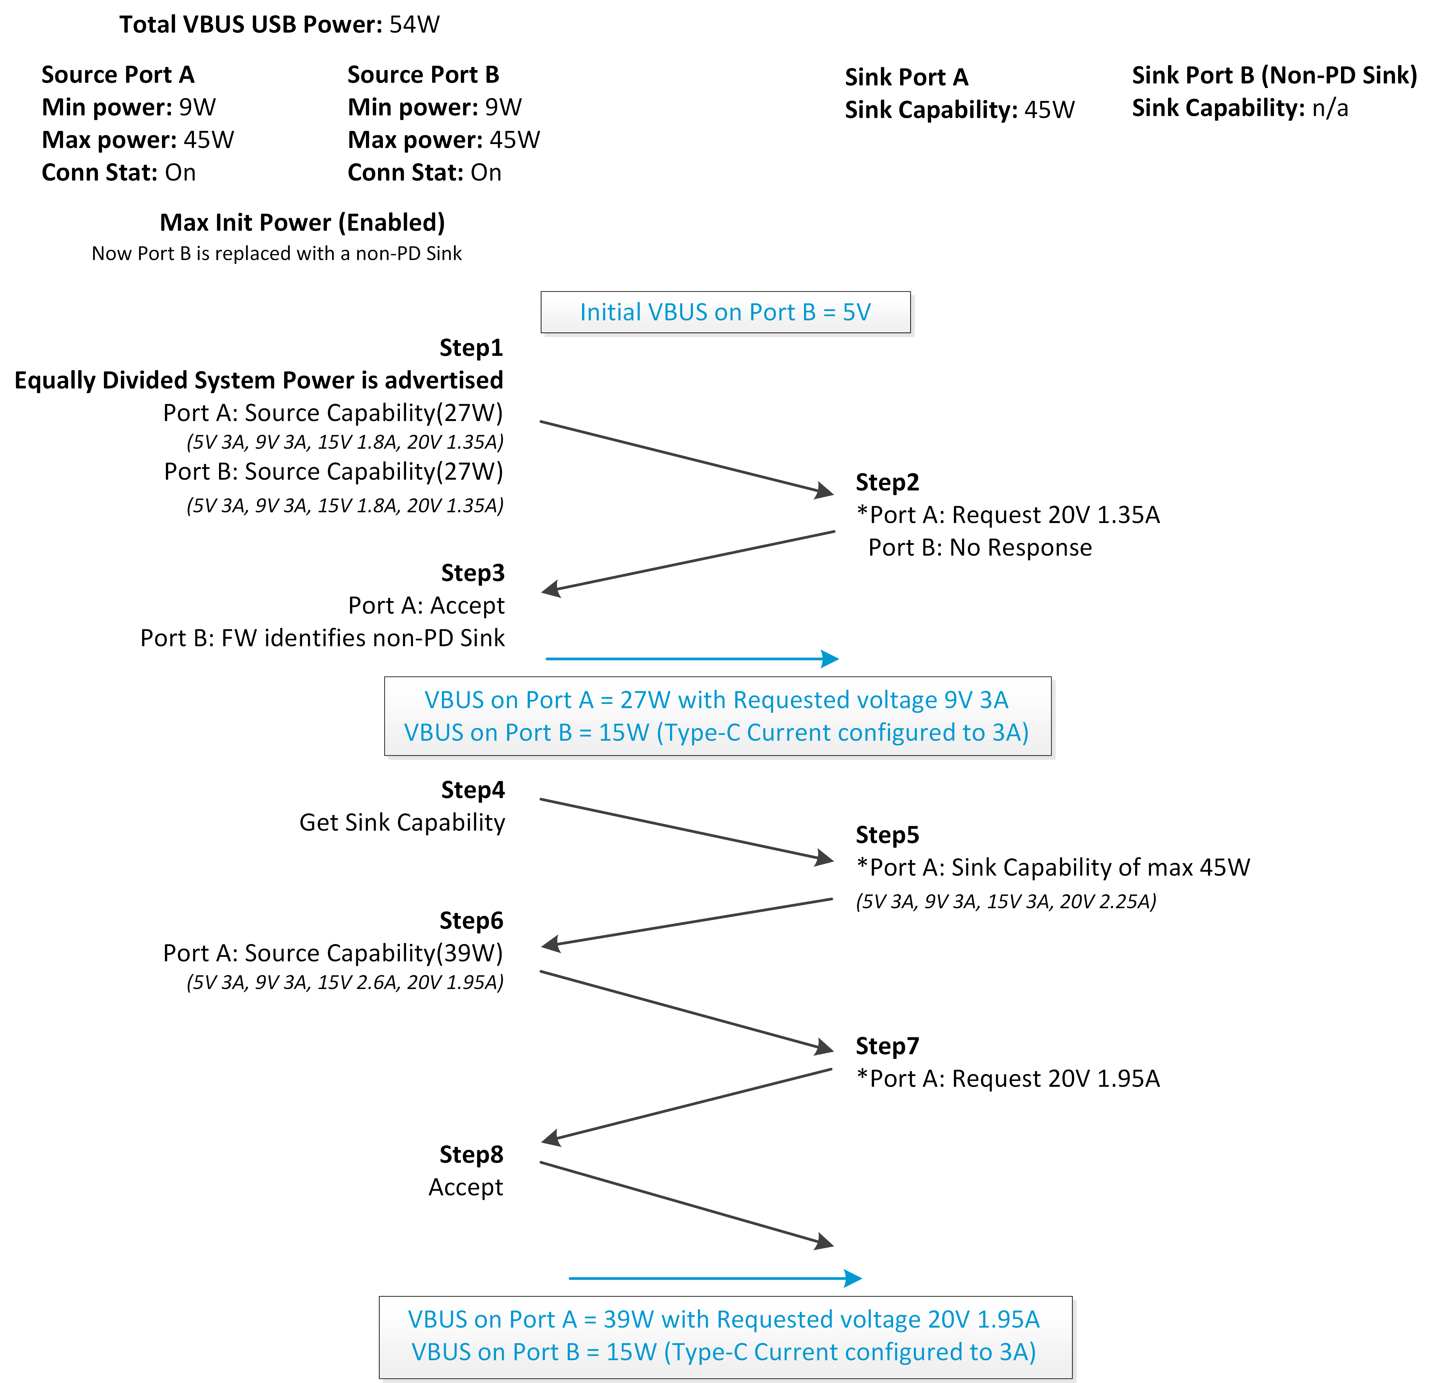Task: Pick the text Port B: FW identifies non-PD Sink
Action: (322, 638)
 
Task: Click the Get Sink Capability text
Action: (402, 823)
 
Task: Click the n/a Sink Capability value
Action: (1330, 108)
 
